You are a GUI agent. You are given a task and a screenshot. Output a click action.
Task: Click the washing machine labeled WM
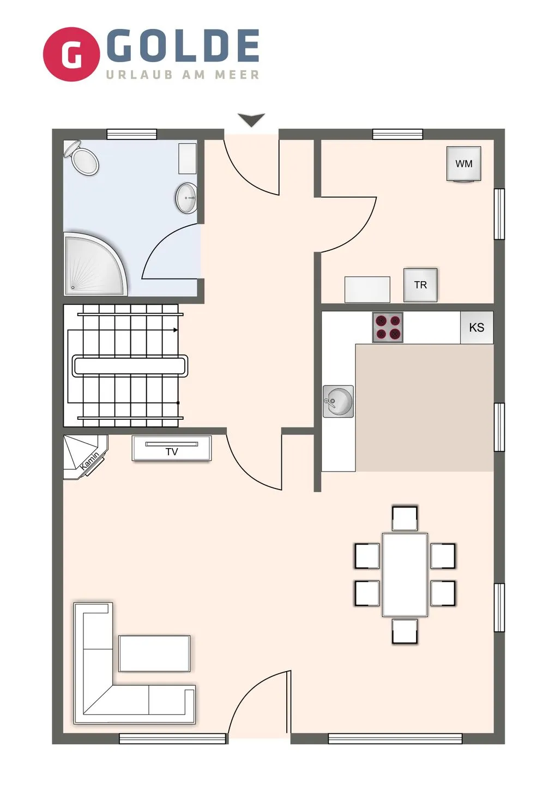click(x=464, y=164)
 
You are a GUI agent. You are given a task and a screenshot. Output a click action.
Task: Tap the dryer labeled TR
click(x=420, y=285)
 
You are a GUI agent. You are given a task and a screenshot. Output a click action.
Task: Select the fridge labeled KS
click(x=476, y=328)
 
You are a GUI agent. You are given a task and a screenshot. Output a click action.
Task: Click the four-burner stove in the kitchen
click(x=388, y=327)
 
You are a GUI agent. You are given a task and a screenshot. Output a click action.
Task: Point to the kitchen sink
click(x=339, y=402)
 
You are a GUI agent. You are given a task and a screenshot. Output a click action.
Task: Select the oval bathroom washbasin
click(x=187, y=197)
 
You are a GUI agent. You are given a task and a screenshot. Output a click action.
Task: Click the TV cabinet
click(x=172, y=448)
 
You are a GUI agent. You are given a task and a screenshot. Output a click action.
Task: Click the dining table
click(x=405, y=575)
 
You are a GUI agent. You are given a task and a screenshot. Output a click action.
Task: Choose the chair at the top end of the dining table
click(x=405, y=518)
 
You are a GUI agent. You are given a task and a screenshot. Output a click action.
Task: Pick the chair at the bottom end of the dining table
click(x=405, y=631)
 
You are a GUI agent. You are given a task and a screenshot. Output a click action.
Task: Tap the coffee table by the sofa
click(x=154, y=653)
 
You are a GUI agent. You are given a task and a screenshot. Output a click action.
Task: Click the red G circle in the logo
click(x=71, y=54)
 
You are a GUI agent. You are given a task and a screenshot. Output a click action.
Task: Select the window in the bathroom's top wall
click(x=132, y=134)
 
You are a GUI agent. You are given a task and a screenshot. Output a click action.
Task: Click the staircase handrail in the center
click(x=130, y=365)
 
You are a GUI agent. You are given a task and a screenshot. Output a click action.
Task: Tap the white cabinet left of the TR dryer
click(x=367, y=289)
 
